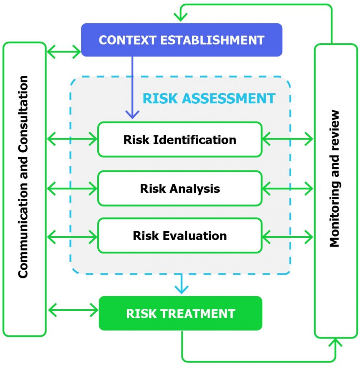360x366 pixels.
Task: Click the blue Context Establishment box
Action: [x=181, y=40]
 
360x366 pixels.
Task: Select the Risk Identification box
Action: [x=180, y=139]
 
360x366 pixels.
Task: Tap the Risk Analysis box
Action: [x=180, y=188]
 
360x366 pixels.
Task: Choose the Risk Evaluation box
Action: [x=180, y=236]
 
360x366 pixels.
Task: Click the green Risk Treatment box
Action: [x=180, y=313]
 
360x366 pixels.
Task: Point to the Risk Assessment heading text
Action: [x=209, y=98]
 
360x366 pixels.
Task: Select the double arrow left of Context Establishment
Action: [x=64, y=52]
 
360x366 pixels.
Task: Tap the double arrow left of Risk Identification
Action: [x=72, y=139]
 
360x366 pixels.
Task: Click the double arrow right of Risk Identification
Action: [x=288, y=139]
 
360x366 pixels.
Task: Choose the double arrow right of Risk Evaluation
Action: [x=288, y=236]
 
